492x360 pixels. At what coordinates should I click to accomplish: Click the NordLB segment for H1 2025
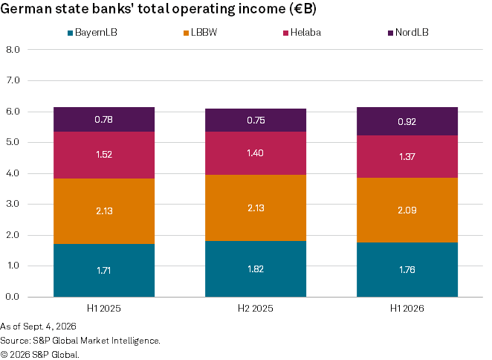point(104,119)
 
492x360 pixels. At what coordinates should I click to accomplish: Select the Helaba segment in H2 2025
point(256,153)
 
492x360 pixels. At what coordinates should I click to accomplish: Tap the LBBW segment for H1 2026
point(407,210)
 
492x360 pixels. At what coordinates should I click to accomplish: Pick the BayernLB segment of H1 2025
point(104,271)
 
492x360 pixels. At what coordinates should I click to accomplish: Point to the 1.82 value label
point(256,269)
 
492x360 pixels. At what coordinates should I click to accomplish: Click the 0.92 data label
point(407,121)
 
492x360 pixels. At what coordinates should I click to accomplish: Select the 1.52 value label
point(104,155)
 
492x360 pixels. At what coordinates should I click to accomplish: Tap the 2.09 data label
point(407,210)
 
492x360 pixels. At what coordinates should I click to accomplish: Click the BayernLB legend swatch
point(71,33)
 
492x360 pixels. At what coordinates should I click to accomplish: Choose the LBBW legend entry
point(200,33)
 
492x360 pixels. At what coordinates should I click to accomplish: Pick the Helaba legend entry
point(302,33)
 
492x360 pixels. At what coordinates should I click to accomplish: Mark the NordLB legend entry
point(408,33)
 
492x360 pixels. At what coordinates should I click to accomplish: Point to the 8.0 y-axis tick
point(13,50)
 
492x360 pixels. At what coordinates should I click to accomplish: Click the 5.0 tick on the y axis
point(13,142)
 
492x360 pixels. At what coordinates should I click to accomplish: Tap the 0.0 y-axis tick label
point(13,297)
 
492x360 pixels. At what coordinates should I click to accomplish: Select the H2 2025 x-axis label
point(256,309)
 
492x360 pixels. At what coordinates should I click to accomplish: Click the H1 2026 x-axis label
point(407,309)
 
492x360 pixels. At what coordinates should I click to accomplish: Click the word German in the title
point(26,9)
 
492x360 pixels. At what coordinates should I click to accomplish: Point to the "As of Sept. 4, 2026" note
point(38,327)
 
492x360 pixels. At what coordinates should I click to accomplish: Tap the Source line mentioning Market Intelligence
point(80,341)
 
